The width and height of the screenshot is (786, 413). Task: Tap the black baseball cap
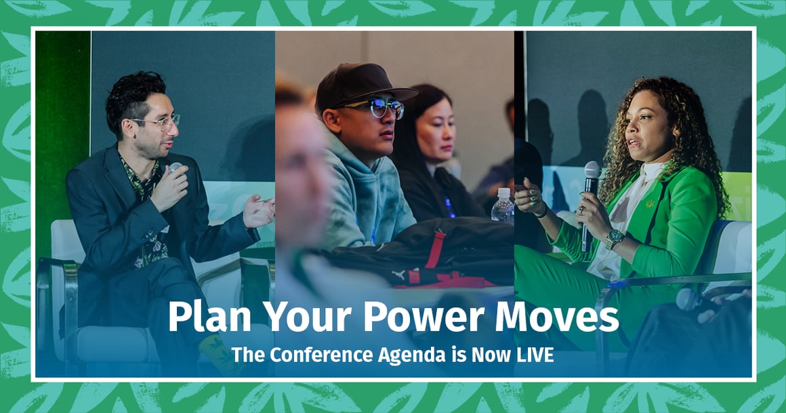[359, 86]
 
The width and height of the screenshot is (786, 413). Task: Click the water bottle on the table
[502, 207]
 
